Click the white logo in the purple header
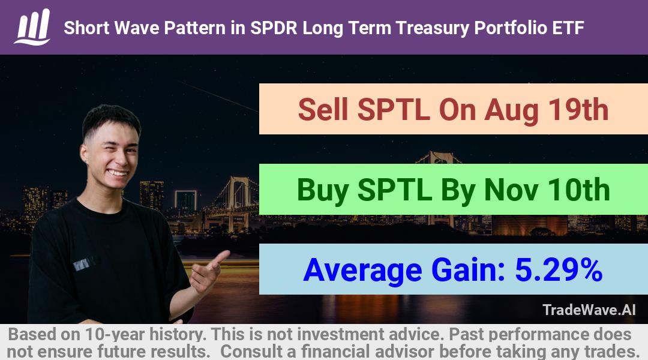32,27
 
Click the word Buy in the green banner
323,191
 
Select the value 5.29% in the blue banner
559,270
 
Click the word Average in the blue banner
362,271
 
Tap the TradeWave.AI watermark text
589,310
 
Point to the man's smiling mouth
117,172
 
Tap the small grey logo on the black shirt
83,263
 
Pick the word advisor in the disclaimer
404,352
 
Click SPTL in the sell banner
393,110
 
